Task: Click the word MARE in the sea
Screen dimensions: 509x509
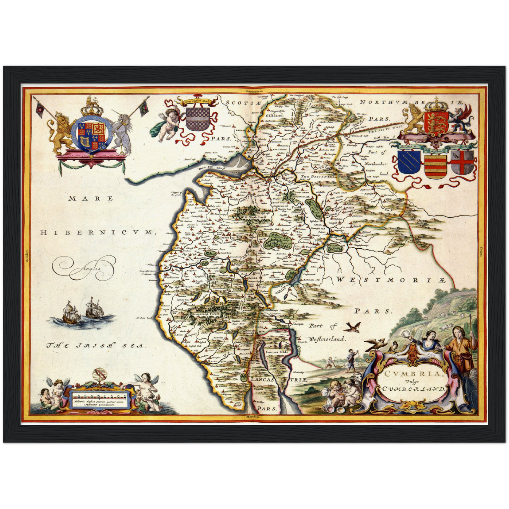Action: (x=91, y=198)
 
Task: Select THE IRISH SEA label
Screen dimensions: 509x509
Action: (x=96, y=346)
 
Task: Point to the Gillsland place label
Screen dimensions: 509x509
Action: (x=275, y=115)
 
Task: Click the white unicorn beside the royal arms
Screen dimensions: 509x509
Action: (x=123, y=136)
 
